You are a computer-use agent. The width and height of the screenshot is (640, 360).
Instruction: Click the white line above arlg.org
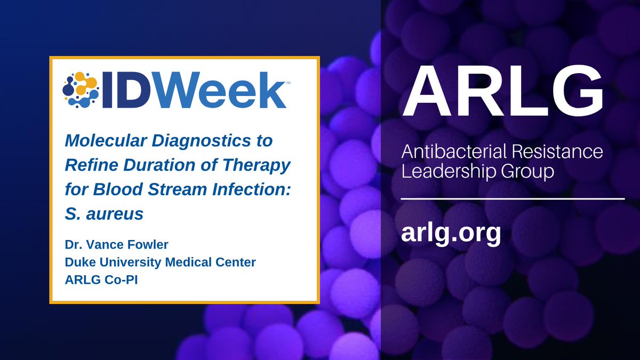[512, 198]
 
